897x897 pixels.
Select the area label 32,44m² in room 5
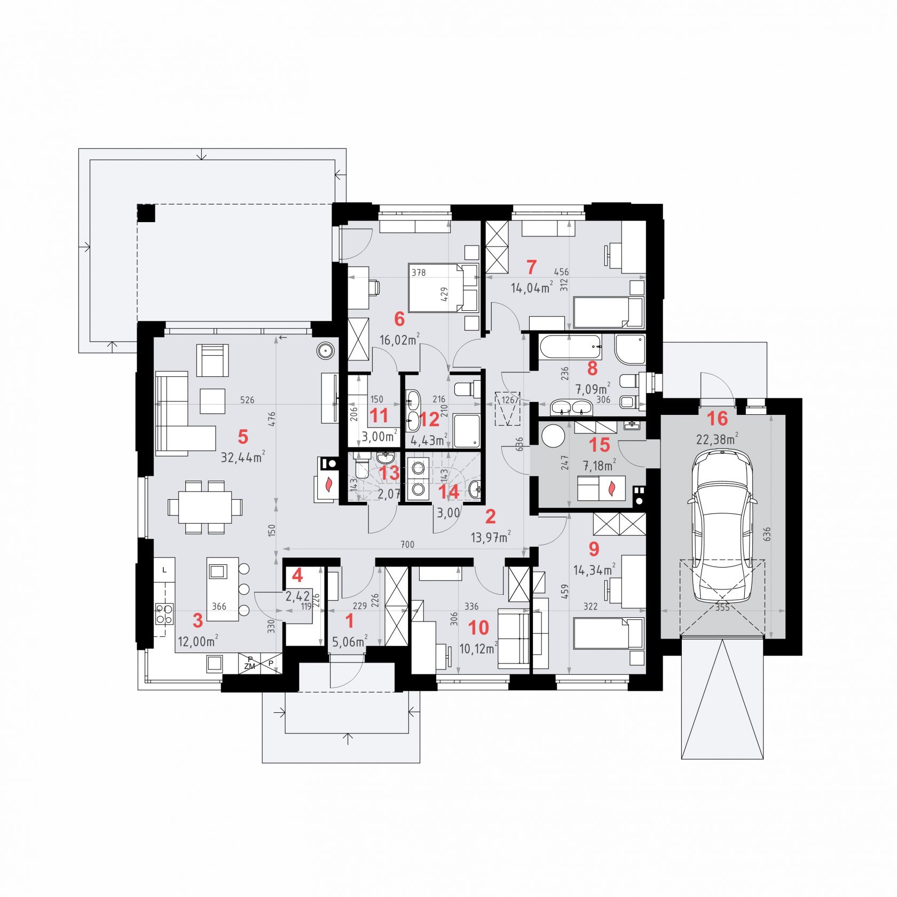point(243,457)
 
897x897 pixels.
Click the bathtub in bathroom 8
point(570,347)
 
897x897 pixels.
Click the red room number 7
point(531,266)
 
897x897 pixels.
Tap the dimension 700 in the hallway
point(407,545)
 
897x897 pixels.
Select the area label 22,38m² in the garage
point(717,439)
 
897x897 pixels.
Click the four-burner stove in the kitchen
point(164,613)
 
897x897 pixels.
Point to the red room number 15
point(599,444)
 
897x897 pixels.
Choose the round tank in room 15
point(553,437)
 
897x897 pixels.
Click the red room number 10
point(478,628)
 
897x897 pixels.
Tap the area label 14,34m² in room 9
point(593,570)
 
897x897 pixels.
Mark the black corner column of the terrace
point(146,214)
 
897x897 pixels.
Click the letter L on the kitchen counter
point(164,570)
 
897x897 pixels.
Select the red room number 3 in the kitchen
point(198,620)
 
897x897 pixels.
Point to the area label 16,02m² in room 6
point(399,340)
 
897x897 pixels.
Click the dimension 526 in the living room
point(247,399)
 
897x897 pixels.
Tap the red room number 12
point(430,419)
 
